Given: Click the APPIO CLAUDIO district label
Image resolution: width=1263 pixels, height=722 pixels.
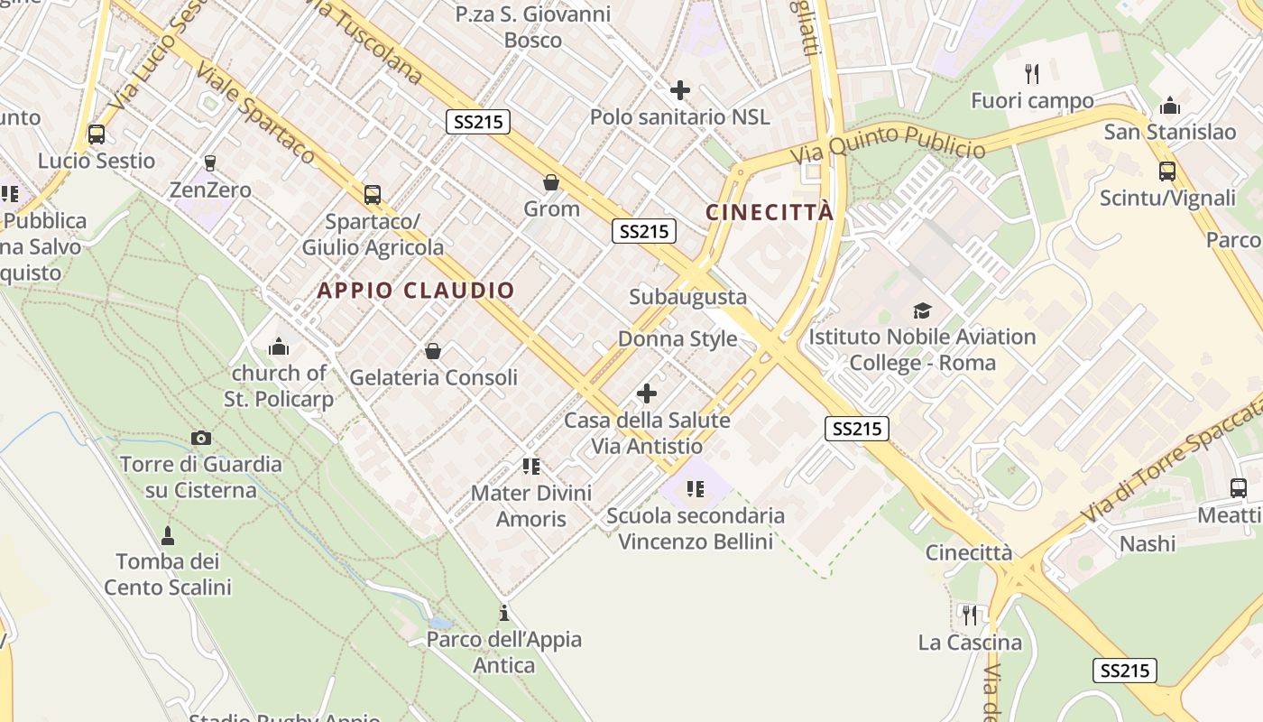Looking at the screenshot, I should pyautogui.click(x=416, y=291).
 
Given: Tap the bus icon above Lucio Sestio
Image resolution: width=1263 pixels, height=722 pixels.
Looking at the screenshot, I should pyautogui.click(x=96, y=134).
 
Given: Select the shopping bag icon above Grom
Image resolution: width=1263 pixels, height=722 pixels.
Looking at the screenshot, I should pyautogui.click(x=551, y=182).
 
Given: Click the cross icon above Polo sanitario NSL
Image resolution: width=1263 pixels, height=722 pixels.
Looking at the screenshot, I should pyautogui.click(x=680, y=90).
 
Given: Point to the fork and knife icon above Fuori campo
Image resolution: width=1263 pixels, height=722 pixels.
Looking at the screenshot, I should pyautogui.click(x=1032, y=74).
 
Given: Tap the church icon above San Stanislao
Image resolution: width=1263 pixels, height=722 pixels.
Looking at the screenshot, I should pyautogui.click(x=1170, y=106).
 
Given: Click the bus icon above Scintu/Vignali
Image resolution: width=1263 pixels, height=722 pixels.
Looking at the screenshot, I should pyautogui.click(x=1167, y=171).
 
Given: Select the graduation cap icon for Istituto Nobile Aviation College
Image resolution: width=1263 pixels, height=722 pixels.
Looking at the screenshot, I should pyautogui.click(x=922, y=310).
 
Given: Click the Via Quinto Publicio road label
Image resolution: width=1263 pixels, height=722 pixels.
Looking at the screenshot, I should pyautogui.click(x=888, y=143).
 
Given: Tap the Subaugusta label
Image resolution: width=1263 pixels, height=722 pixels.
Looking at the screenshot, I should pyautogui.click(x=688, y=297).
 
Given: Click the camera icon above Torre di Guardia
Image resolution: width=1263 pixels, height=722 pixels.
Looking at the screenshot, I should pyautogui.click(x=201, y=439).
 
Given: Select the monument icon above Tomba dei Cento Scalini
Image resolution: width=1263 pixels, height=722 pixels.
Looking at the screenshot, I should pyautogui.click(x=167, y=535).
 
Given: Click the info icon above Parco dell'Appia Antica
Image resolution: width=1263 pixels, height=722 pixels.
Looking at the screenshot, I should pyautogui.click(x=504, y=614).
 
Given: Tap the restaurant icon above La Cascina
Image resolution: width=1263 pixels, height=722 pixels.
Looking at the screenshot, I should pyautogui.click(x=970, y=616).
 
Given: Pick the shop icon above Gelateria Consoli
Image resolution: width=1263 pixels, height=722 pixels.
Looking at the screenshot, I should pyautogui.click(x=433, y=351).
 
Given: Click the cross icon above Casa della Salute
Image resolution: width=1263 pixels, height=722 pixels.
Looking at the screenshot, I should pyautogui.click(x=647, y=393).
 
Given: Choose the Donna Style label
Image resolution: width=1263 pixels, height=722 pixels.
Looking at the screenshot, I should pyautogui.click(x=678, y=339).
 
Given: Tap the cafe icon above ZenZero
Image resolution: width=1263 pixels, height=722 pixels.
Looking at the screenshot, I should pyautogui.click(x=210, y=163).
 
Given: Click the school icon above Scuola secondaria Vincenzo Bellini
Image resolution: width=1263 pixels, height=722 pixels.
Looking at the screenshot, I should pyautogui.click(x=695, y=489).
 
